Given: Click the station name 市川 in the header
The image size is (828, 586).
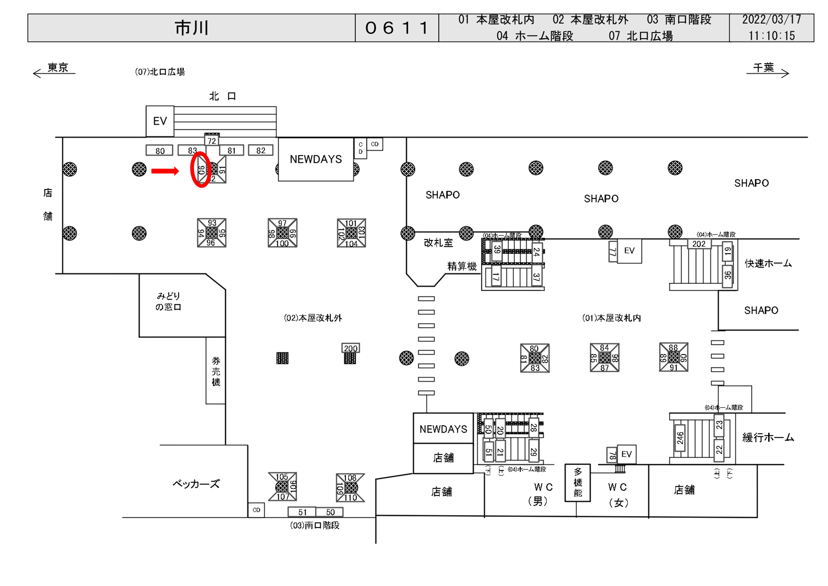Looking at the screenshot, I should pyautogui.click(x=192, y=28).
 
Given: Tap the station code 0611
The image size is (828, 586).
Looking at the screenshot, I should pyautogui.click(x=397, y=28).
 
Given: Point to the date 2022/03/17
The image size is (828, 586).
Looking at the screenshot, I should pyautogui.click(x=771, y=20).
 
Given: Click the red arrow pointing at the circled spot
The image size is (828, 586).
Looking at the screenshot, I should pyautogui.click(x=165, y=171).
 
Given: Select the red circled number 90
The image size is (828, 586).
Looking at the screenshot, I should pyautogui.click(x=201, y=170).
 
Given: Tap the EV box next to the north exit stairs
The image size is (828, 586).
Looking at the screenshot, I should pyautogui.click(x=160, y=121).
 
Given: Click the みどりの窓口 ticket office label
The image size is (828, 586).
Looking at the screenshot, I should pyautogui.click(x=168, y=301).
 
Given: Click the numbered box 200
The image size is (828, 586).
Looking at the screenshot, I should pyautogui.click(x=351, y=348).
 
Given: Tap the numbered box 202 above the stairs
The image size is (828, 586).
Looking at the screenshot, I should pyautogui.click(x=699, y=244).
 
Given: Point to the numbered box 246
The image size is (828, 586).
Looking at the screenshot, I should pyautogui.click(x=680, y=438).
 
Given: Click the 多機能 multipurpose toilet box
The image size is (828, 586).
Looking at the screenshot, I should pyautogui.click(x=577, y=482).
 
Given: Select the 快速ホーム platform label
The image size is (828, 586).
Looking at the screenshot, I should pyautogui.click(x=768, y=263).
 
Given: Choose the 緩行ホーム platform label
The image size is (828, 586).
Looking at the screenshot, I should pyautogui.click(x=768, y=438).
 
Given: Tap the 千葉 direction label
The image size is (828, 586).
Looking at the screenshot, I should pyautogui.click(x=763, y=68).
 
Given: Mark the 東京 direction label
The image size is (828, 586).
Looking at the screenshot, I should pyautogui.click(x=58, y=68).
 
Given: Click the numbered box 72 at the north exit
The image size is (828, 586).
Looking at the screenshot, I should pyautogui.click(x=212, y=141).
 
